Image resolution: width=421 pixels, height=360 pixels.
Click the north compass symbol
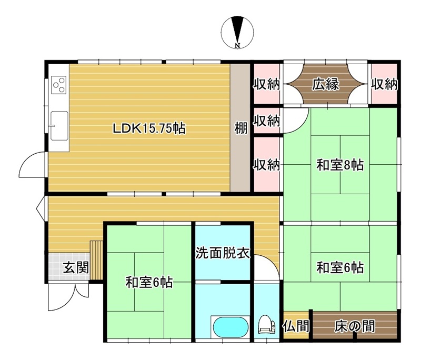[237, 32]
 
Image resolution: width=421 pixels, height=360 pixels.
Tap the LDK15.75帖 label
[149, 128]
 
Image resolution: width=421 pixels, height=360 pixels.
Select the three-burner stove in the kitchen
[59, 85]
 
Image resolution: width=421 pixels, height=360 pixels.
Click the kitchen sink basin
[59, 126]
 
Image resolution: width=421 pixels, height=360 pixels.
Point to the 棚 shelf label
[240, 128]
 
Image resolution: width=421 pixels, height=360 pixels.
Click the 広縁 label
[325, 84]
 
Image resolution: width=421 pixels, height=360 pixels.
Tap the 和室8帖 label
[340, 165]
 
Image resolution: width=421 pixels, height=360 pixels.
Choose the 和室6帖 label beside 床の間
[340, 268]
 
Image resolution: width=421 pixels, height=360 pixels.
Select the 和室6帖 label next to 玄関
[149, 282]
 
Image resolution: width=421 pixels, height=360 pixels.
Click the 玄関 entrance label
[76, 268]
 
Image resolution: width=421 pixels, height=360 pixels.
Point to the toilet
[266, 325]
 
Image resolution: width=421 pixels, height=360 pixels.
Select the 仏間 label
[296, 326]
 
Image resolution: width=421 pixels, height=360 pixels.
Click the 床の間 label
[354, 326]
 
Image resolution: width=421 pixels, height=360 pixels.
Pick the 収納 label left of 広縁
[267, 84]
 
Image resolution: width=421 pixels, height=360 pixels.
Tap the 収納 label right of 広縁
[384, 84]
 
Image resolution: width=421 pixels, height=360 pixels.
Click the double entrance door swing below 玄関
[68, 297]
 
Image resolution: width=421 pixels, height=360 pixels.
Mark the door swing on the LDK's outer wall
[32, 164]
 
